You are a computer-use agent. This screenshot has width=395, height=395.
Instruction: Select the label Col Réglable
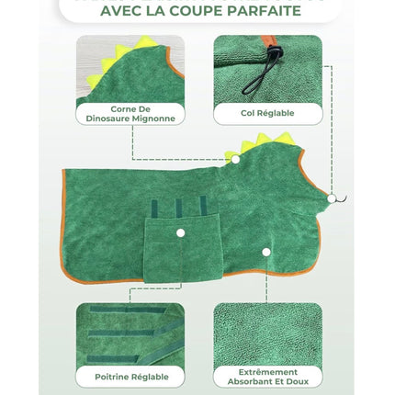[x=267, y=113]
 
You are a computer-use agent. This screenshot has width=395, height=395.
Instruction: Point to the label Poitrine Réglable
[x=130, y=376]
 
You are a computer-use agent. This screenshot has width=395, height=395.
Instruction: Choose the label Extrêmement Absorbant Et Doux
[x=267, y=376]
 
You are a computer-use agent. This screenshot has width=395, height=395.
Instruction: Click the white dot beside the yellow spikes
[x=235, y=158]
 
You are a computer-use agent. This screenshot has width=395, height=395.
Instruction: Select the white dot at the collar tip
[x=330, y=198]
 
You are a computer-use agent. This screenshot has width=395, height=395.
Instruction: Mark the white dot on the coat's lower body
[x=265, y=251]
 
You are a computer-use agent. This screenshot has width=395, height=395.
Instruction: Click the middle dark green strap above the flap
[x=179, y=208]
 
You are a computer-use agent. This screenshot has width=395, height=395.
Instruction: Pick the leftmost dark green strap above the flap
[x=156, y=208]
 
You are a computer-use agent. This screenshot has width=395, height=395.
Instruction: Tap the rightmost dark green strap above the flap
[x=203, y=208]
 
